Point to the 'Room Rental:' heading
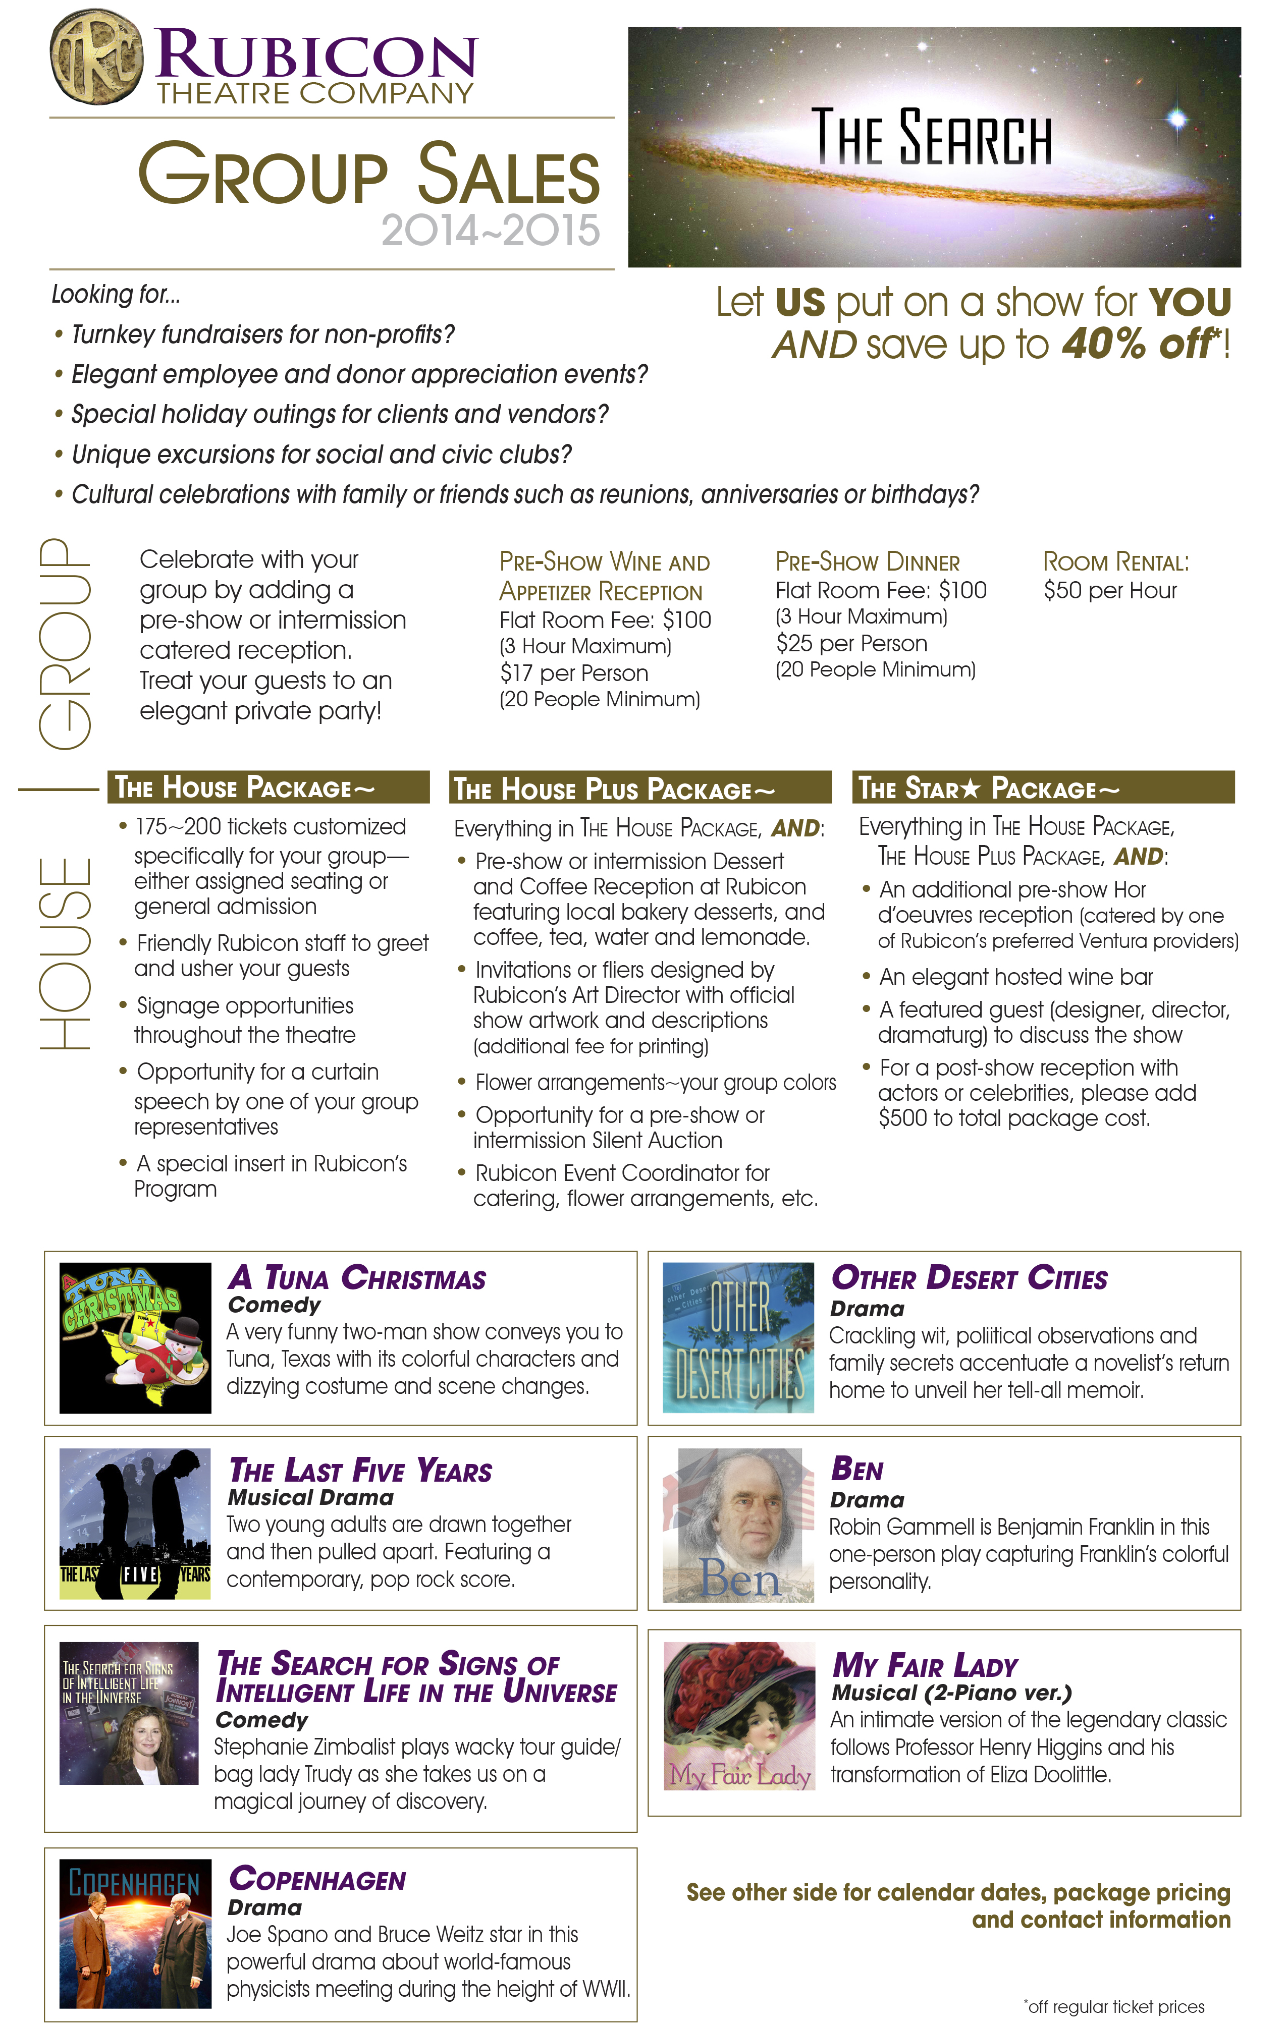pyautogui.click(x=1115, y=562)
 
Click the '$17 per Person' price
pyautogui.click(x=573, y=673)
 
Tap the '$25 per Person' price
pyautogui.click(x=851, y=644)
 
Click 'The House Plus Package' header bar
pyautogui.click(x=639, y=789)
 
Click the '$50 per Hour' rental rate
pyautogui.click(x=1109, y=591)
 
